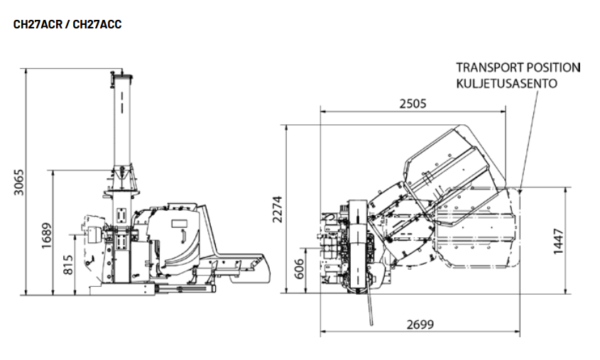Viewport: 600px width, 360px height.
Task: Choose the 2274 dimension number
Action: click(278, 209)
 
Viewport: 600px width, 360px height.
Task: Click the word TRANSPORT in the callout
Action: click(488, 67)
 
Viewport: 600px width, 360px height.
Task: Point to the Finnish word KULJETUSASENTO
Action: click(506, 83)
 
